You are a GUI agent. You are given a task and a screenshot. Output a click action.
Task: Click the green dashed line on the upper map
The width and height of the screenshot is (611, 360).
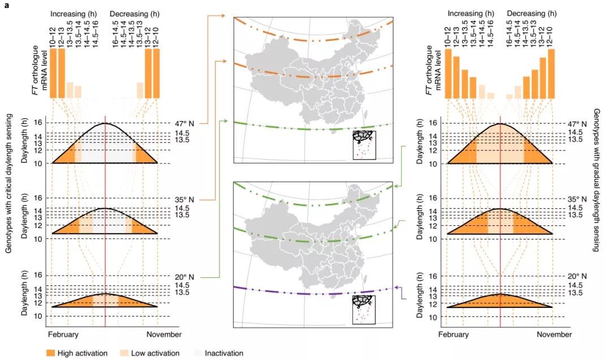pos(311,130)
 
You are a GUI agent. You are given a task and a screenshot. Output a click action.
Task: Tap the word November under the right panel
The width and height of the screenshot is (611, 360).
pos(554,335)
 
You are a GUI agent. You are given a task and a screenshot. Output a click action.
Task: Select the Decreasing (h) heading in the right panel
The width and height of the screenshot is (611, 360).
pos(531,12)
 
